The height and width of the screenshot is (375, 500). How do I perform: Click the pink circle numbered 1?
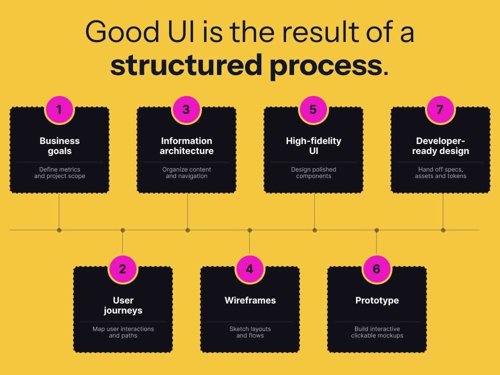(59, 109)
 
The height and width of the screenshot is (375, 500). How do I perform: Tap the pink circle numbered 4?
(249, 269)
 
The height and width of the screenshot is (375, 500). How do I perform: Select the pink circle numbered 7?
(440, 109)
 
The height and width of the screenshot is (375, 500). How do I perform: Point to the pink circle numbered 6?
(376, 269)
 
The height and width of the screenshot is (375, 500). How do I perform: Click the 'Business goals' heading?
(59, 145)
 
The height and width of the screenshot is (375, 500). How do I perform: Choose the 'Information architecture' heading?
(186, 145)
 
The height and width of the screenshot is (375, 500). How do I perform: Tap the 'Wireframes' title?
(250, 300)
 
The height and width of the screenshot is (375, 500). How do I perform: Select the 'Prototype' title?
(377, 300)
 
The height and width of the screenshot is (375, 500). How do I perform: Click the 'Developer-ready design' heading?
(440, 145)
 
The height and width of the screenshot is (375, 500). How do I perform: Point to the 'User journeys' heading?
(123, 305)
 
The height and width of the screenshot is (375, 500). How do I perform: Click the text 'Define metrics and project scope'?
(59, 172)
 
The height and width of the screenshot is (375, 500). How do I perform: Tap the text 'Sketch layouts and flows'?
(250, 332)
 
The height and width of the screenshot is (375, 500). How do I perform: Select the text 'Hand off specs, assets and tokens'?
(440, 172)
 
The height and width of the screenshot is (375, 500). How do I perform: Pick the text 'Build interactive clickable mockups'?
(377, 332)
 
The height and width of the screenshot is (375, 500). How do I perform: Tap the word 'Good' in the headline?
(122, 31)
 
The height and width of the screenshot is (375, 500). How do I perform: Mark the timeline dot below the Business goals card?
(59, 230)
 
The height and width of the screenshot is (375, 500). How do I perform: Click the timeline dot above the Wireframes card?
(249, 230)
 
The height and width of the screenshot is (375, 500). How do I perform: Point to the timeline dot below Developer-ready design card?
(443, 230)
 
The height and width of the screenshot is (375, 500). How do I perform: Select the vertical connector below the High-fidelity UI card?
(314, 211)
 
